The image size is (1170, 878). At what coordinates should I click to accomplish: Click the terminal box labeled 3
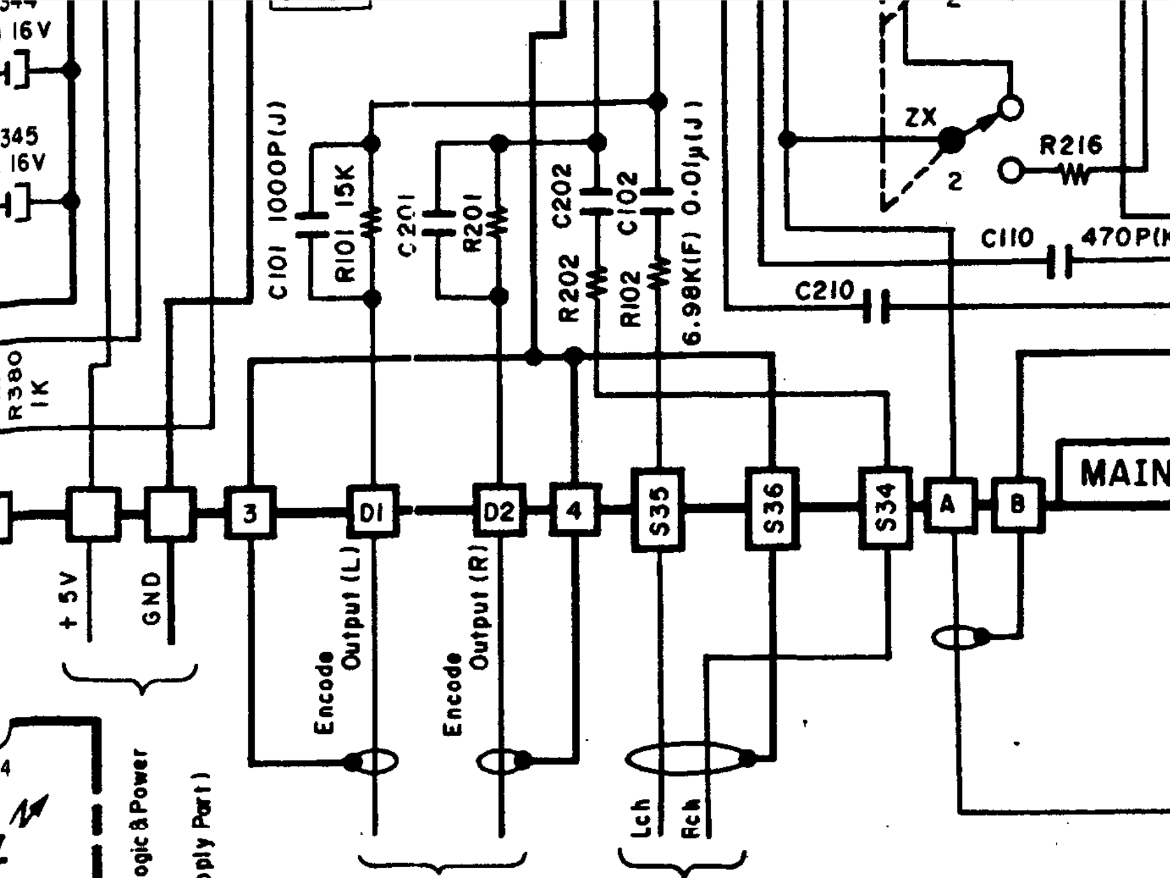pos(250,512)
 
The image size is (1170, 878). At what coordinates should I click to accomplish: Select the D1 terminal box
pos(373,511)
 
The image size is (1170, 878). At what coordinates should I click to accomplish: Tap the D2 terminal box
pos(499,510)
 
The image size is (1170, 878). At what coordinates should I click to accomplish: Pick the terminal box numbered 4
pos(575,510)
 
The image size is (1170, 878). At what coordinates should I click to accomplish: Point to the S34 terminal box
pos(886,508)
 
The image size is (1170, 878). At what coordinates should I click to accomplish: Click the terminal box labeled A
pos(949,505)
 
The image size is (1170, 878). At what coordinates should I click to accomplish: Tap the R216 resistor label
pos(1070,145)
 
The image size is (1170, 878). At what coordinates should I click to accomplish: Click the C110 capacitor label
pos(1007,238)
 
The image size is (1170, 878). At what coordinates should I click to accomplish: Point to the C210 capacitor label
pos(824,292)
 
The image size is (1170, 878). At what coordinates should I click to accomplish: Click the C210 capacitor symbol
pos(876,306)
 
